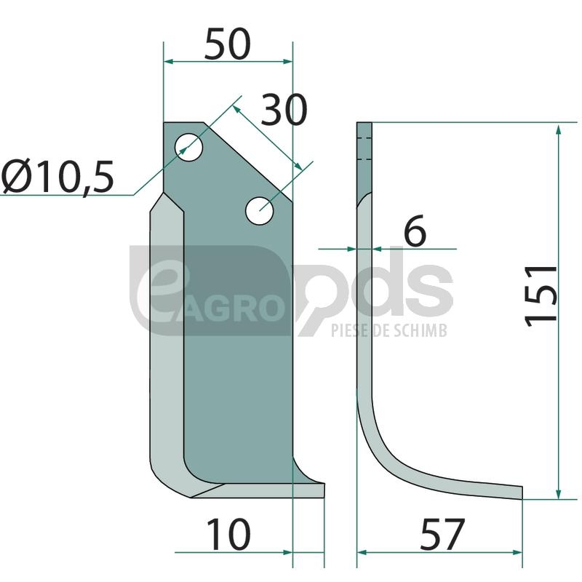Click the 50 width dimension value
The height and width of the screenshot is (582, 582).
pos(228,44)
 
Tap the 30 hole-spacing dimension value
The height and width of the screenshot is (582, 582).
pos(284,110)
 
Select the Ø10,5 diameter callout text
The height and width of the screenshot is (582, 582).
pos(57,177)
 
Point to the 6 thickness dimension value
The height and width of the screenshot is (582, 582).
pos(415,231)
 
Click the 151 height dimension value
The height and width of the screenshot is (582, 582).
pos(541,296)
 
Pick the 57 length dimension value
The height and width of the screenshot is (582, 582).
pos(442,534)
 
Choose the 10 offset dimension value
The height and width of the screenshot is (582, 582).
pos(228,534)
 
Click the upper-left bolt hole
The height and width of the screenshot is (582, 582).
pos(189,147)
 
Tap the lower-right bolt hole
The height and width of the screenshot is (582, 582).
pos(260,211)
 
